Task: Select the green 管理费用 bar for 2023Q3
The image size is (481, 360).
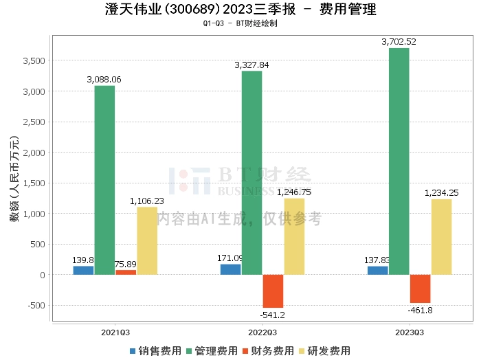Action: tap(399, 161)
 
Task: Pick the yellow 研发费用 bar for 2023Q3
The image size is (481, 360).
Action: tap(441, 237)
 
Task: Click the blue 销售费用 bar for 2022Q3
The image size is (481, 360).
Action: tap(230, 269)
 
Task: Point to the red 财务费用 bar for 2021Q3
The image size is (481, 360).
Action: tap(126, 272)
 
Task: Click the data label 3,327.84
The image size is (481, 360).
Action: tap(251, 65)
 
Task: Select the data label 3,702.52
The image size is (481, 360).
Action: tap(399, 42)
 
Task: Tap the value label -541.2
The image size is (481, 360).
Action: tap(273, 315)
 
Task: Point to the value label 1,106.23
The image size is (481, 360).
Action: tap(146, 201)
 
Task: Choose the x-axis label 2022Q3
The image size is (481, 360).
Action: tap(262, 333)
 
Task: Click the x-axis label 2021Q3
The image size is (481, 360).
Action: tap(115, 333)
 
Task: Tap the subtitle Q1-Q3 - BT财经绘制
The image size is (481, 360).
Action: tap(240, 23)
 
